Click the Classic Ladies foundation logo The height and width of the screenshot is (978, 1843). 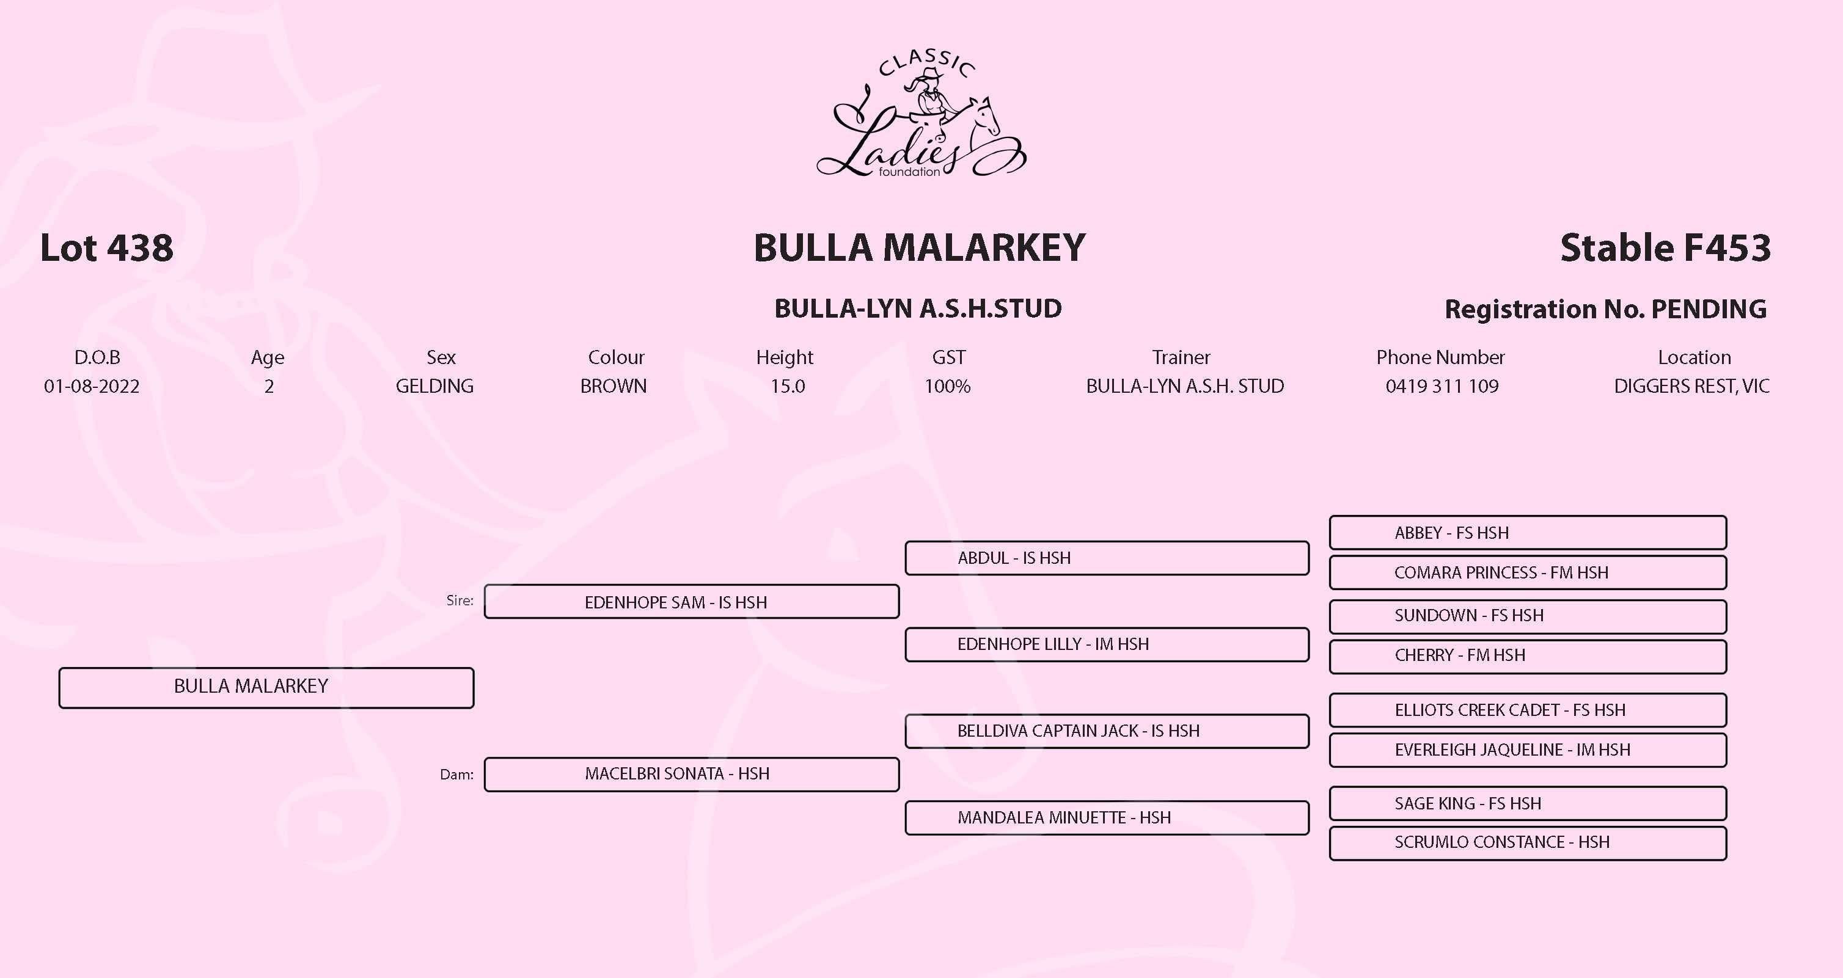[x=921, y=114]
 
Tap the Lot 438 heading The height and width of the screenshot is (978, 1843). [x=106, y=248]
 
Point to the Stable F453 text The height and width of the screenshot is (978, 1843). [x=1665, y=248]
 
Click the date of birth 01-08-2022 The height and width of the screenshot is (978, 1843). [x=92, y=386]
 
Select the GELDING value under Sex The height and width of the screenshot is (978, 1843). [x=434, y=386]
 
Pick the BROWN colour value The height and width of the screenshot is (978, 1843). [x=613, y=386]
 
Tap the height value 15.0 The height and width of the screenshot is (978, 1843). [x=787, y=386]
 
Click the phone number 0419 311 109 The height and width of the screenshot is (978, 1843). [x=1442, y=386]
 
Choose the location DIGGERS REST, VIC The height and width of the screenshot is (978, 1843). [x=1691, y=386]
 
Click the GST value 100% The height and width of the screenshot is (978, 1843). [x=947, y=386]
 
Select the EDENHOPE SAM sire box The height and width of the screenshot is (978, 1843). [x=691, y=602]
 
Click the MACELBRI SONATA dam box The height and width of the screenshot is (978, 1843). [x=691, y=774]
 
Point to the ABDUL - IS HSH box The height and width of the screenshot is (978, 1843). [x=1106, y=558]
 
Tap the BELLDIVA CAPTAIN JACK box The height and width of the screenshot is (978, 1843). [x=1106, y=731]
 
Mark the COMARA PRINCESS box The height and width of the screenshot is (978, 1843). [x=1528, y=572]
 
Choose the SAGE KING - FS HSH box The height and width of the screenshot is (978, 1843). [x=1528, y=803]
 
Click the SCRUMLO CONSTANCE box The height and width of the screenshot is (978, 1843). [x=1528, y=843]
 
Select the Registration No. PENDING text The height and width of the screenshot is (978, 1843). [x=1605, y=309]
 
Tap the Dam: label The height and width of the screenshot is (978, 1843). [x=456, y=775]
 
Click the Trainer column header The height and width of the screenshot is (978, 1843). [x=1181, y=357]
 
